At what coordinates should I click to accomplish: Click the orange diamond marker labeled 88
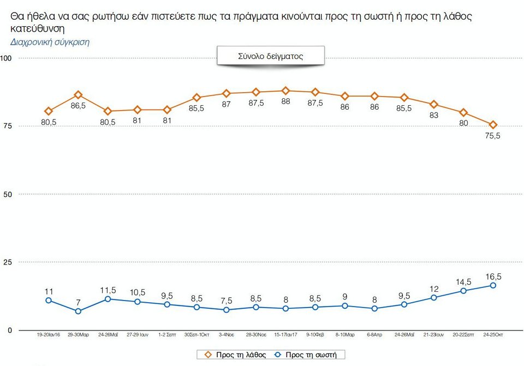[285, 91]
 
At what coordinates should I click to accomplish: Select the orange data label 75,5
[493, 136]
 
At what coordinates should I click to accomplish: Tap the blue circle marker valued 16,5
[493, 285]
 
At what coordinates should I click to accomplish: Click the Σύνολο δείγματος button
[270, 56]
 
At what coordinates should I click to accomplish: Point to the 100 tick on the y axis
[6, 58]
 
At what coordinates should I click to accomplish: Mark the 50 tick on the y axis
[8, 194]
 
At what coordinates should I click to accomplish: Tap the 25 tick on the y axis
[8, 262]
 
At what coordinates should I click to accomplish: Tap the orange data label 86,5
[78, 106]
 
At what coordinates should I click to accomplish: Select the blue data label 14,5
[463, 281]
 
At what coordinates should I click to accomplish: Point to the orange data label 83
[434, 115]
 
